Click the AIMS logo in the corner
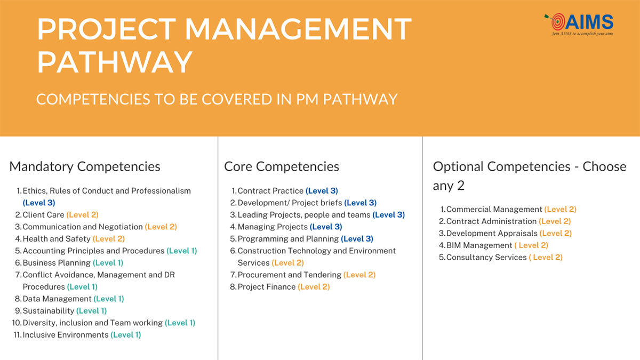(x=579, y=25)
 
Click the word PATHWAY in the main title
(x=115, y=62)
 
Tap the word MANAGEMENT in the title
(x=298, y=29)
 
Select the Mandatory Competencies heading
(x=85, y=166)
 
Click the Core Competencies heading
(x=282, y=166)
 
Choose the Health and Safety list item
(x=70, y=238)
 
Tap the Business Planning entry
(x=69, y=262)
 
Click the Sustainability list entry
(x=61, y=310)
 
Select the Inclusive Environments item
(x=77, y=334)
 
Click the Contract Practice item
(x=285, y=190)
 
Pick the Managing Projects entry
(x=286, y=227)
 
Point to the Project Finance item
(x=279, y=286)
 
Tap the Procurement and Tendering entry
(x=302, y=275)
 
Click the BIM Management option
(x=493, y=245)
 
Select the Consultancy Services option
(x=501, y=257)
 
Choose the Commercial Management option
(x=508, y=209)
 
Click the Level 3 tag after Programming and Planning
(x=357, y=238)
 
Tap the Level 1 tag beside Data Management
(x=109, y=299)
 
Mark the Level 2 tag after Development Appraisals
(x=555, y=233)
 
